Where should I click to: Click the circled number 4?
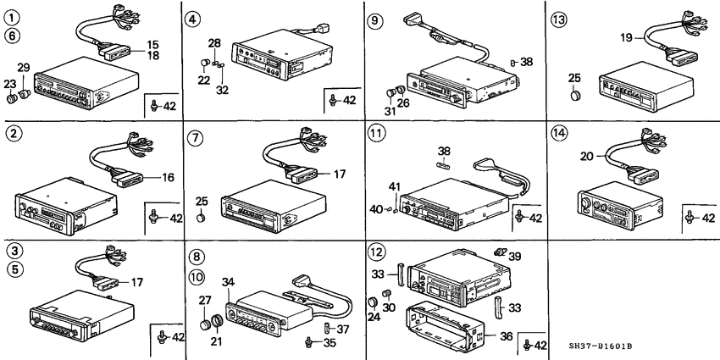click(192, 19)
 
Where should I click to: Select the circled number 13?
click(560, 19)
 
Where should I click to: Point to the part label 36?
click(506, 336)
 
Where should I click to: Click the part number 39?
click(514, 256)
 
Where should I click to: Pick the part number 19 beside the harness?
click(627, 38)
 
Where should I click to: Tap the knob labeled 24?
click(374, 302)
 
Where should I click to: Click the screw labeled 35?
click(310, 341)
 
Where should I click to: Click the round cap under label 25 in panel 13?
click(575, 96)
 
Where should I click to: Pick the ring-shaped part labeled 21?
click(218, 320)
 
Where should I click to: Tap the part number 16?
click(168, 177)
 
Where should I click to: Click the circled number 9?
click(376, 20)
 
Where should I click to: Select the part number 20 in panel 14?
click(587, 157)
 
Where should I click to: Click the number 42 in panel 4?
click(350, 100)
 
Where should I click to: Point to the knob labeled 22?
click(205, 63)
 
